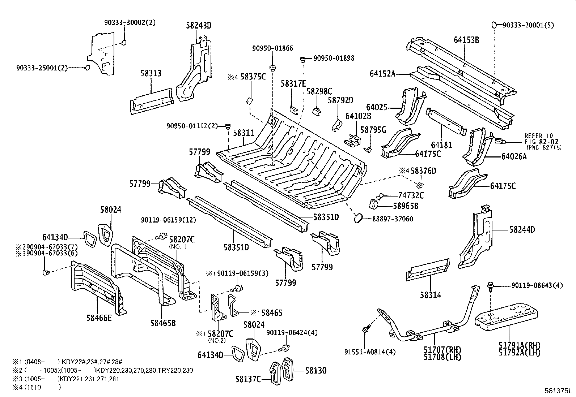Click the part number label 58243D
[x=199, y=26]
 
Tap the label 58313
[x=151, y=73]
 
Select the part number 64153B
[x=466, y=40]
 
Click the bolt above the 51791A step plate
[x=491, y=285]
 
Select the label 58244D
[x=522, y=230]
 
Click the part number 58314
[x=431, y=295]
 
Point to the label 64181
[x=442, y=145]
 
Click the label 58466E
[x=99, y=318]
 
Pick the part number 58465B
[x=163, y=323]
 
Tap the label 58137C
[x=248, y=379]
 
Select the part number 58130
[x=315, y=370]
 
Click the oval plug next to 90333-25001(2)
[x=87, y=68]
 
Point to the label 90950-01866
[x=273, y=48]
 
